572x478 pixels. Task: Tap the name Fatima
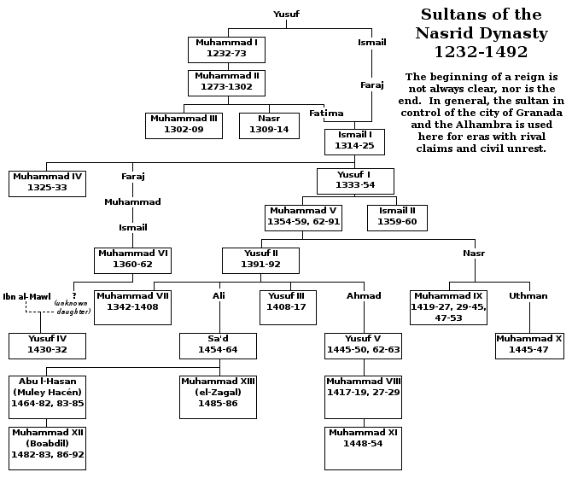pyautogui.click(x=326, y=114)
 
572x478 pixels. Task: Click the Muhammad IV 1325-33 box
pyautogui.click(x=47, y=183)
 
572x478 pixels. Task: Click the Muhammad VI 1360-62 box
pyautogui.click(x=133, y=259)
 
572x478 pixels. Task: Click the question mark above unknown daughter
pyautogui.click(x=74, y=294)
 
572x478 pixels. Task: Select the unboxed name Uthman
pyautogui.click(x=528, y=295)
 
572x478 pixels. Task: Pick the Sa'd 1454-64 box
pyautogui.click(x=219, y=344)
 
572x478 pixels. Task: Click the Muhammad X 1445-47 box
pyautogui.click(x=529, y=344)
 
